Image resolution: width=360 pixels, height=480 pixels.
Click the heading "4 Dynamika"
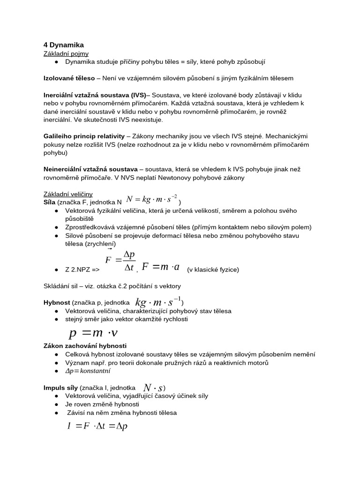pyautogui.click(x=63, y=45)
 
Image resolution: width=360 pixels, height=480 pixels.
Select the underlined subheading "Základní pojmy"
pyautogui.click(x=66, y=54)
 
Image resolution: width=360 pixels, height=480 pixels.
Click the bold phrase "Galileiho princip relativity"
pyautogui.click(x=84, y=136)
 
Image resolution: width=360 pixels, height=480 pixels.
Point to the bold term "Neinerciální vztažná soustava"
pyautogui.click(x=90, y=169)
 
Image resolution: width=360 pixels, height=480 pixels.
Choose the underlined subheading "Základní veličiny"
pyautogui.click(x=68, y=194)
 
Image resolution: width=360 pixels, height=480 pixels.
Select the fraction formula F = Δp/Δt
pyautogui.click(x=120, y=260)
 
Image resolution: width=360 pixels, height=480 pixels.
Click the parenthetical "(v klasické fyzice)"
pyautogui.click(x=213, y=270)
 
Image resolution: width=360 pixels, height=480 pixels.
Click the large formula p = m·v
pyautogui.click(x=93, y=333)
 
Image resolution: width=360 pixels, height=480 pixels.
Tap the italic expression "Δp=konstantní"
pyautogui.click(x=88, y=371)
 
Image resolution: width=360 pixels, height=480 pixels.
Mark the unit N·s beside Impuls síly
pyautogui.click(x=153, y=388)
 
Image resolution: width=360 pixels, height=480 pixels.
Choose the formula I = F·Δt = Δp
pyautogui.click(x=97, y=426)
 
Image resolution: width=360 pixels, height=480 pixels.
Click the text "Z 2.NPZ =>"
pyautogui.click(x=82, y=270)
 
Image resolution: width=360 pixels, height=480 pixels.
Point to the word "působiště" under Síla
pyautogui.click(x=80, y=219)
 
